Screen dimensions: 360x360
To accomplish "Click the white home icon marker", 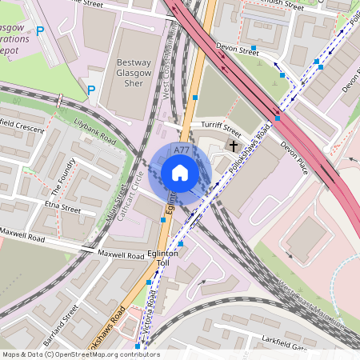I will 180,173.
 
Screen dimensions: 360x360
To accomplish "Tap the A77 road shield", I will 182,150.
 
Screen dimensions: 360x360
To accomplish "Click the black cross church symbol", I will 233,146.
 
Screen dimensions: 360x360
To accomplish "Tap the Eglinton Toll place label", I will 162,256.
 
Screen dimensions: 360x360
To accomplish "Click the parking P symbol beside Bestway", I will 91,90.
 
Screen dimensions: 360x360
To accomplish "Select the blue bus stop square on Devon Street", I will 254,49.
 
